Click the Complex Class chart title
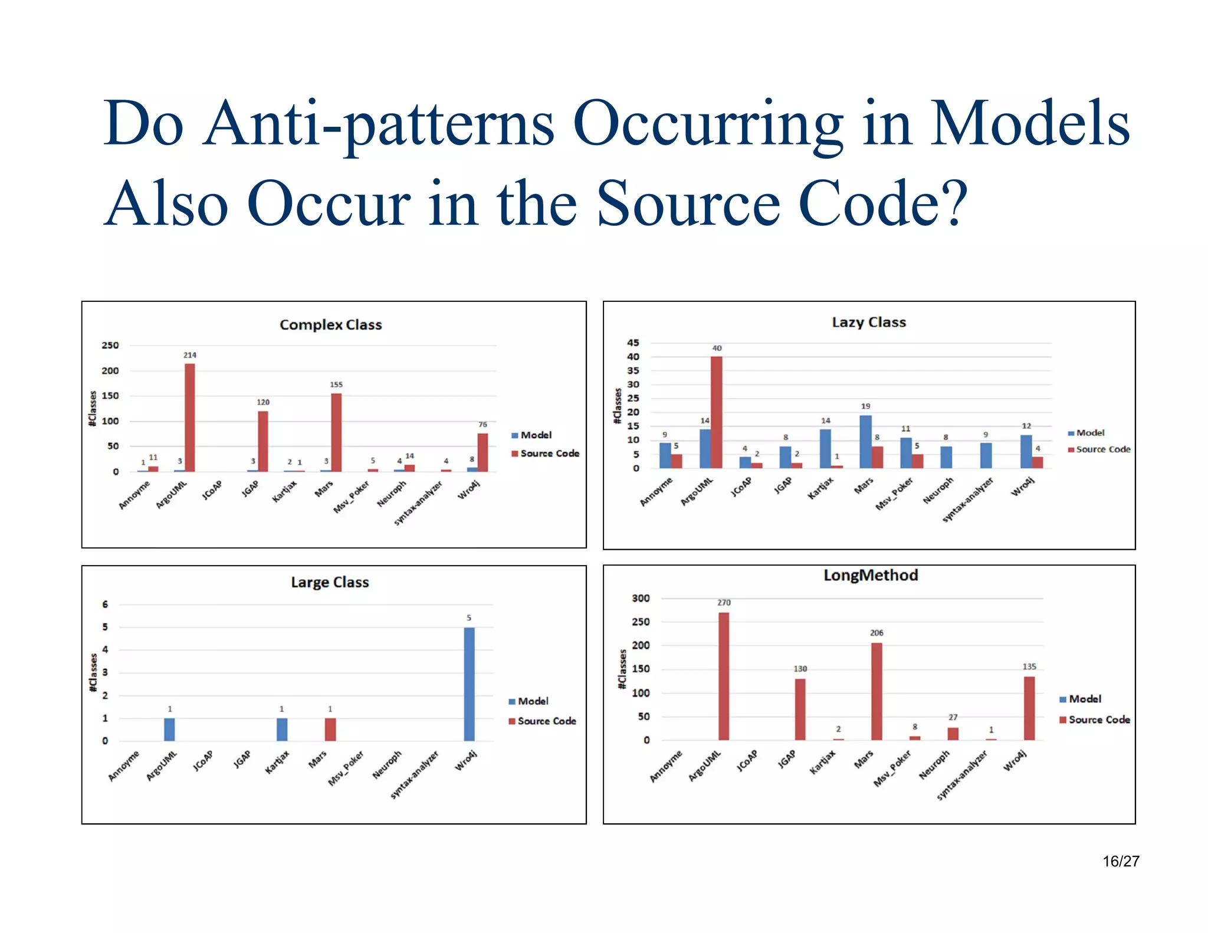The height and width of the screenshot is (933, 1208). point(330,324)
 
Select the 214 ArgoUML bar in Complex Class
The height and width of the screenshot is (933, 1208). point(189,418)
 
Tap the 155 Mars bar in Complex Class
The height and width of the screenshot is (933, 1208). point(336,432)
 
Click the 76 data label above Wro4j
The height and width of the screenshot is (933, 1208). point(482,425)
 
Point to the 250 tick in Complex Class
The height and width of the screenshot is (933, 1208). point(110,345)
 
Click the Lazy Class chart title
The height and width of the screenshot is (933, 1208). point(868,322)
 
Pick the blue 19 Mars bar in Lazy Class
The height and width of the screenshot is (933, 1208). point(865,442)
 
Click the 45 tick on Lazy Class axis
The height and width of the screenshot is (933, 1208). point(633,343)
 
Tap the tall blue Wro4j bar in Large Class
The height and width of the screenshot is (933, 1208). point(469,684)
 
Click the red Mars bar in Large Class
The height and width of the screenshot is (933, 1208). point(330,730)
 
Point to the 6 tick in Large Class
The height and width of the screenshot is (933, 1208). point(105,605)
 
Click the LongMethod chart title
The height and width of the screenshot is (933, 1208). point(871,575)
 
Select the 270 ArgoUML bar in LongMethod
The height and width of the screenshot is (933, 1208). point(724,676)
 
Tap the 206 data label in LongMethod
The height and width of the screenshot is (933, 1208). point(877,633)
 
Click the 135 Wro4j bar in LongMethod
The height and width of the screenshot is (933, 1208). point(1029,708)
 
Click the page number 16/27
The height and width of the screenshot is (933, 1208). point(1121,861)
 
